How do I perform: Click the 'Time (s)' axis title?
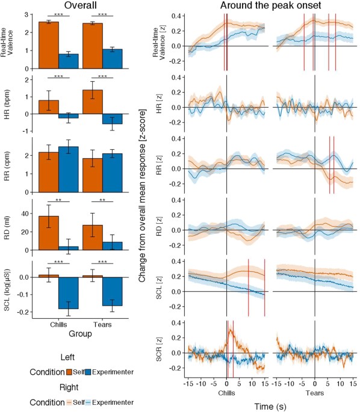(269, 406)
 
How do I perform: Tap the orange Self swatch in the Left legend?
(70, 372)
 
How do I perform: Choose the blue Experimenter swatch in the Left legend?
(90, 372)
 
